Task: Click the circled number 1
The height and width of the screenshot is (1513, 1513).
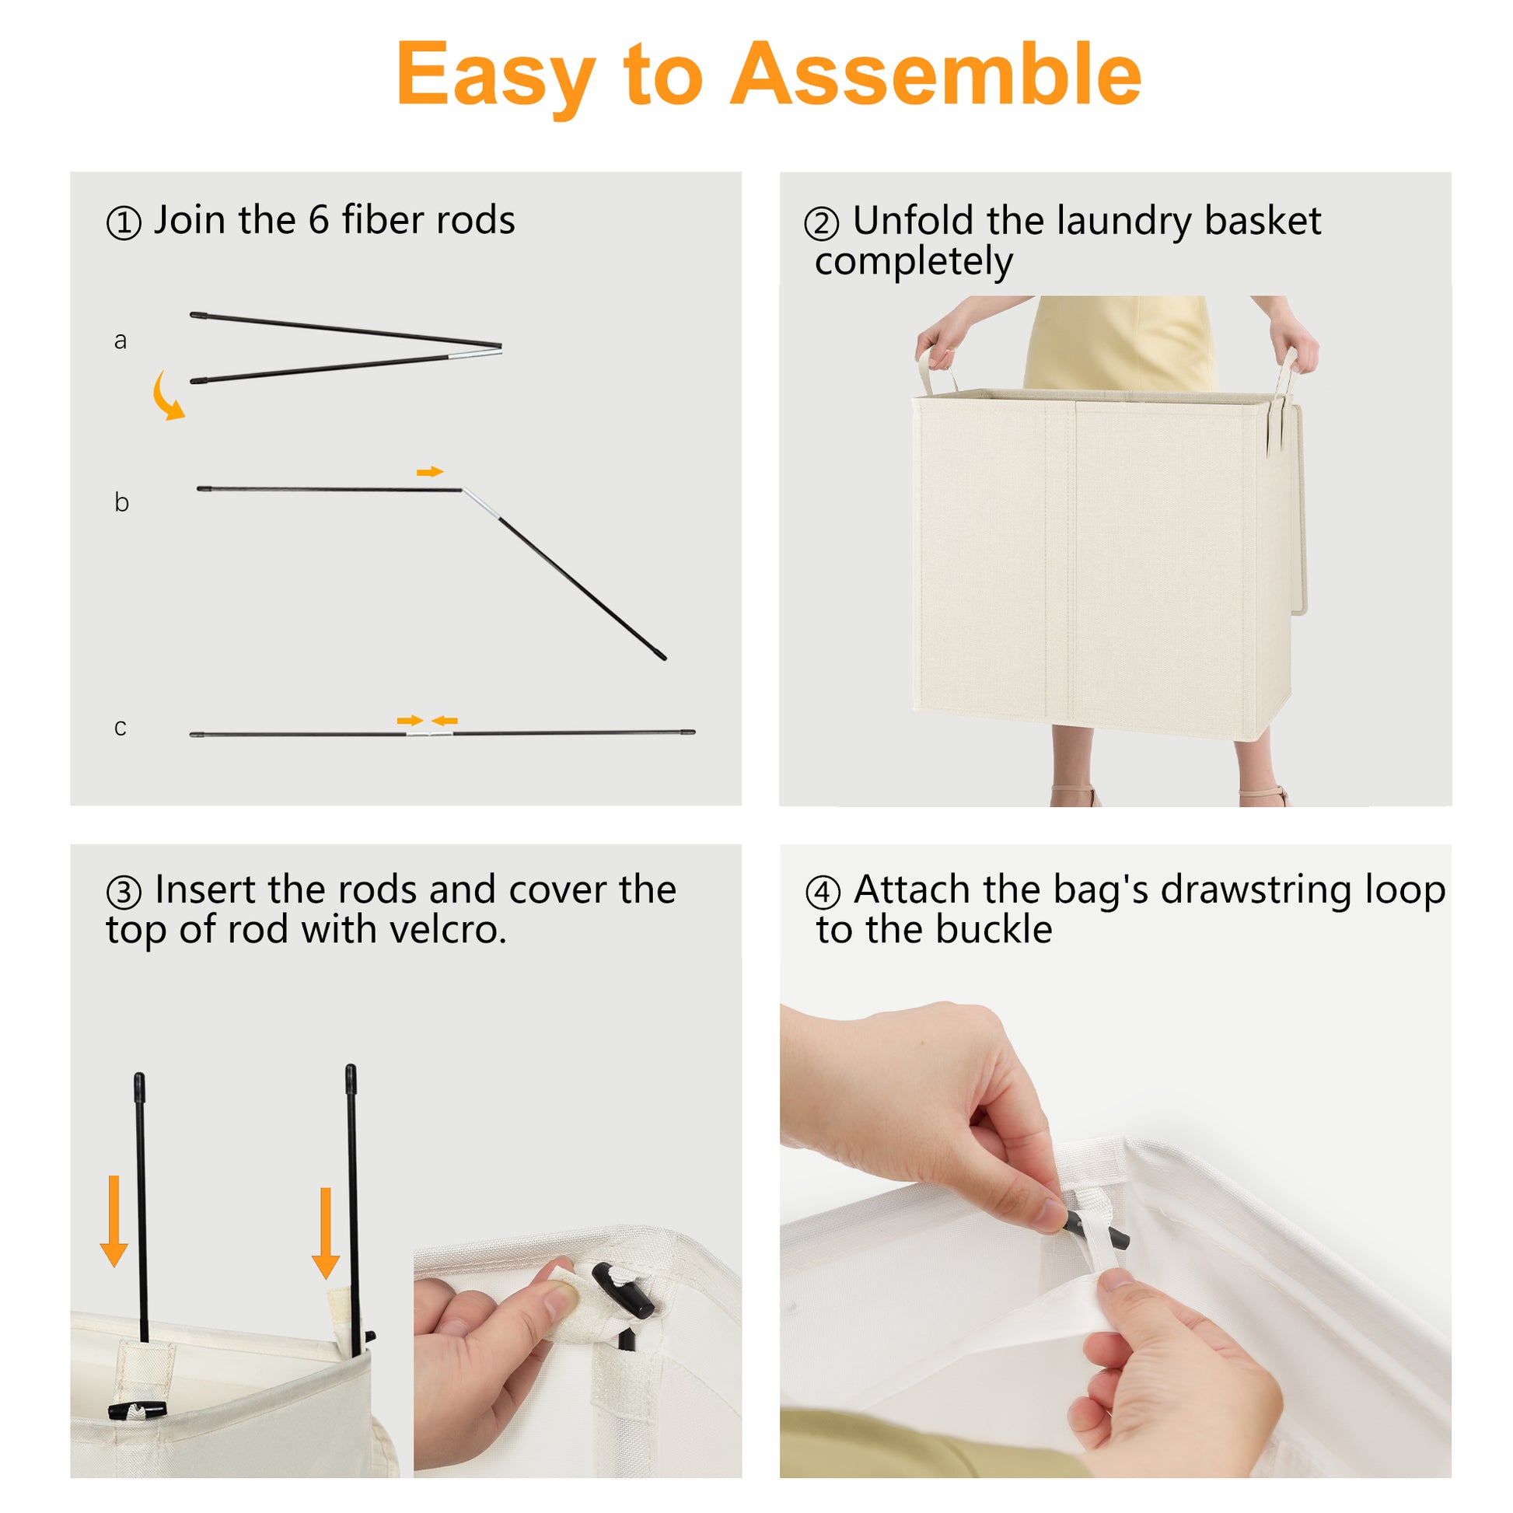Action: click(x=124, y=223)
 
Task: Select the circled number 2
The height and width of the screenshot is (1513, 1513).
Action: click(x=822, y=224)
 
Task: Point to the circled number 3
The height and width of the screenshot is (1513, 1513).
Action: click(x=124, y=892)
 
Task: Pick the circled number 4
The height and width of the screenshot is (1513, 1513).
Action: click(x=823, y=892)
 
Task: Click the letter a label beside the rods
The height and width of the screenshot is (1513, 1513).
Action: click(x=120, y=341)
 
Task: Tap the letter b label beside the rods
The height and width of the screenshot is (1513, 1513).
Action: click(x=121, y=501)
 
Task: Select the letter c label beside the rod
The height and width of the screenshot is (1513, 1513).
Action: click(x=120, y=728)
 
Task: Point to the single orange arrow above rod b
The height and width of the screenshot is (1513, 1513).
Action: click(x=430, y=471)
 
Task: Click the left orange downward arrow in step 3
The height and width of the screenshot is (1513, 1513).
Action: click(x=114, y=1221)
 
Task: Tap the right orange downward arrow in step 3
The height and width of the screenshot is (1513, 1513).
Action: click(x=326, y=1233)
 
